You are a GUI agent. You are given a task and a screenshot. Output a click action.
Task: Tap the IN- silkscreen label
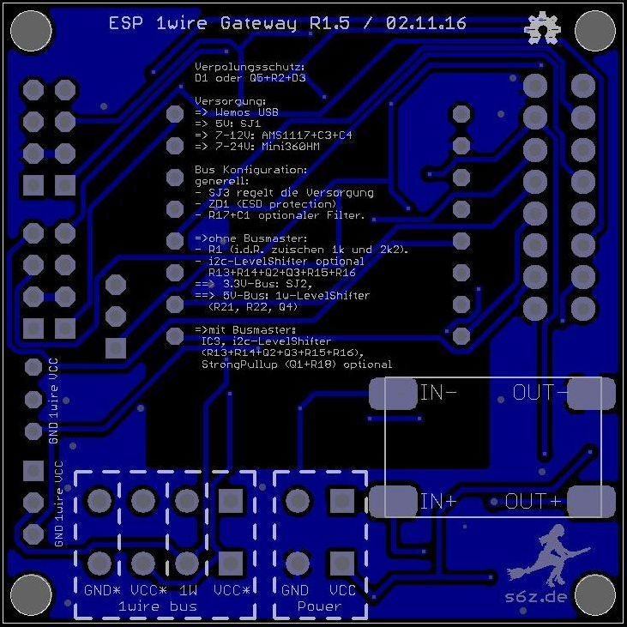click(x=437, y=394)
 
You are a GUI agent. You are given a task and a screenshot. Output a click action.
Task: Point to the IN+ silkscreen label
click(x=437, y=501)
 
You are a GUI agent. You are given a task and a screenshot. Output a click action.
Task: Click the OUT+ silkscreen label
click(x=533, y=501)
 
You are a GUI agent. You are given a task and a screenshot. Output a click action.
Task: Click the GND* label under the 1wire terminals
click(x=102, y=591)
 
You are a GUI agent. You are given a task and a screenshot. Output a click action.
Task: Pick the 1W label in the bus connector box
click(x=188, y=591)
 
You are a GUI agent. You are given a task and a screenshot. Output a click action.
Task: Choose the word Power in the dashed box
click(x=319, y=606)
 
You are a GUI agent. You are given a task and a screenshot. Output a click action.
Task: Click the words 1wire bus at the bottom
click(x=157, y=606)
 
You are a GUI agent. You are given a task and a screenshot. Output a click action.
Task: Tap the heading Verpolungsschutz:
click(x=250, y=66)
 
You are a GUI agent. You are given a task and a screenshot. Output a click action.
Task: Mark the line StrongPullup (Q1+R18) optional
click(x=297, y=365)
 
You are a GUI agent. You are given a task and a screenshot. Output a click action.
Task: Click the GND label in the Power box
click(x=295, y=591)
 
